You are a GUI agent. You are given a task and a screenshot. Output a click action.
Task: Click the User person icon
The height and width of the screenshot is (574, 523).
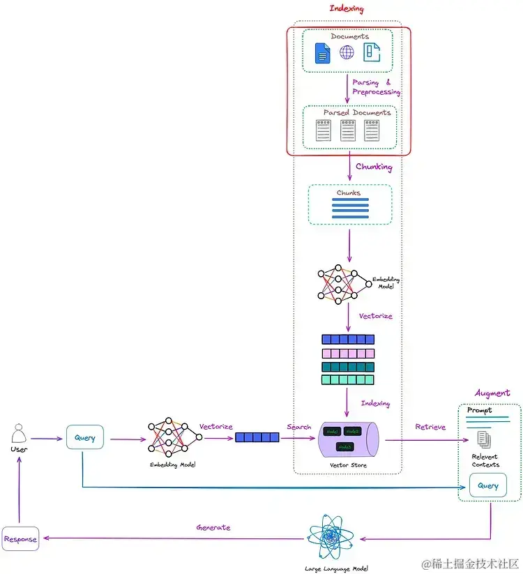(x=20, y=435)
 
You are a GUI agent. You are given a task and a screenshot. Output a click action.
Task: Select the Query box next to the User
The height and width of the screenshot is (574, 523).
(x=84, y=439)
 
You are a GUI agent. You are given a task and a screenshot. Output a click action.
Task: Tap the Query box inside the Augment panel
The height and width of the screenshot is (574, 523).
(x=487, y=485)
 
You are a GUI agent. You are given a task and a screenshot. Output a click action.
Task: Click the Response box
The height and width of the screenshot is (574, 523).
(x=20, y=539)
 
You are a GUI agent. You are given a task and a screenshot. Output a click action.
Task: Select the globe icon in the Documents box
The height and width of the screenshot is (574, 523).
(x=347, y=52)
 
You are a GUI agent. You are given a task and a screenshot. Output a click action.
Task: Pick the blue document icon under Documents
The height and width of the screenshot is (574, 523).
(x=322, y=53)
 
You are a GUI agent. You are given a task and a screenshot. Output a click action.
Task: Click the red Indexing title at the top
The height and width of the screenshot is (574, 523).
(x=347, y=8)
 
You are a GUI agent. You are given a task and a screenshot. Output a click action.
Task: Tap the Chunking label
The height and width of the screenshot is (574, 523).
(x=374, y=167)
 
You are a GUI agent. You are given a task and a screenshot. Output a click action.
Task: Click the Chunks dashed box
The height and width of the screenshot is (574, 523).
(x=349, y=204)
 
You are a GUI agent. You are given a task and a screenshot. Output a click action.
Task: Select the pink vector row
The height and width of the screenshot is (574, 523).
(x=348, y=354)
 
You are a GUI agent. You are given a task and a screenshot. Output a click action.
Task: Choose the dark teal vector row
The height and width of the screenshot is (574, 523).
(x=348, y=367)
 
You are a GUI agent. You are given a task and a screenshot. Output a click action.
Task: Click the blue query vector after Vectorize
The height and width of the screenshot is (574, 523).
(x=257, y=437)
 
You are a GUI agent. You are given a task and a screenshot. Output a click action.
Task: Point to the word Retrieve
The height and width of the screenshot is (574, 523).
(x=430, y=427)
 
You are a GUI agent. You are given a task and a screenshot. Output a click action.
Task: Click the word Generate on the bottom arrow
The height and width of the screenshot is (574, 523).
(x=213, y=527)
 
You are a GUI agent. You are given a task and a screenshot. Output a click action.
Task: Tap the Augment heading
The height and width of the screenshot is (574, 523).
(x=492, y=393)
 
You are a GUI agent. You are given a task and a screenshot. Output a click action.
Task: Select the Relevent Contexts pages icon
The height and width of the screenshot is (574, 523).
(x=484, y=439)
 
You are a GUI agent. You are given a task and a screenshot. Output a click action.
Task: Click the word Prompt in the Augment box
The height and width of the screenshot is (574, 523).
(x=480, y=410)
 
